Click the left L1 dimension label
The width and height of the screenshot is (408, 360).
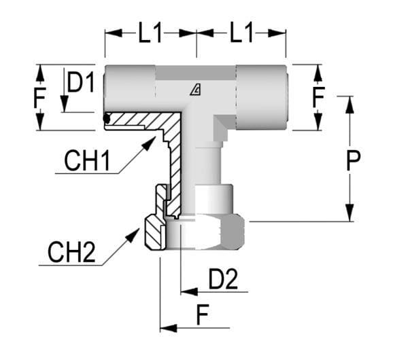[150, 33]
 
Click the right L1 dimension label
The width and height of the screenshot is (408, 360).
[241, 33]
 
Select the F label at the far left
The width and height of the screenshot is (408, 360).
[40, 100]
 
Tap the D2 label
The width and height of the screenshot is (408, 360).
[223, 280]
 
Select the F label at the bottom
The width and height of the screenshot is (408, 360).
[201, 315]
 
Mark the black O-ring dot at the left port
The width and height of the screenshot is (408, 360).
[107, 120]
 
